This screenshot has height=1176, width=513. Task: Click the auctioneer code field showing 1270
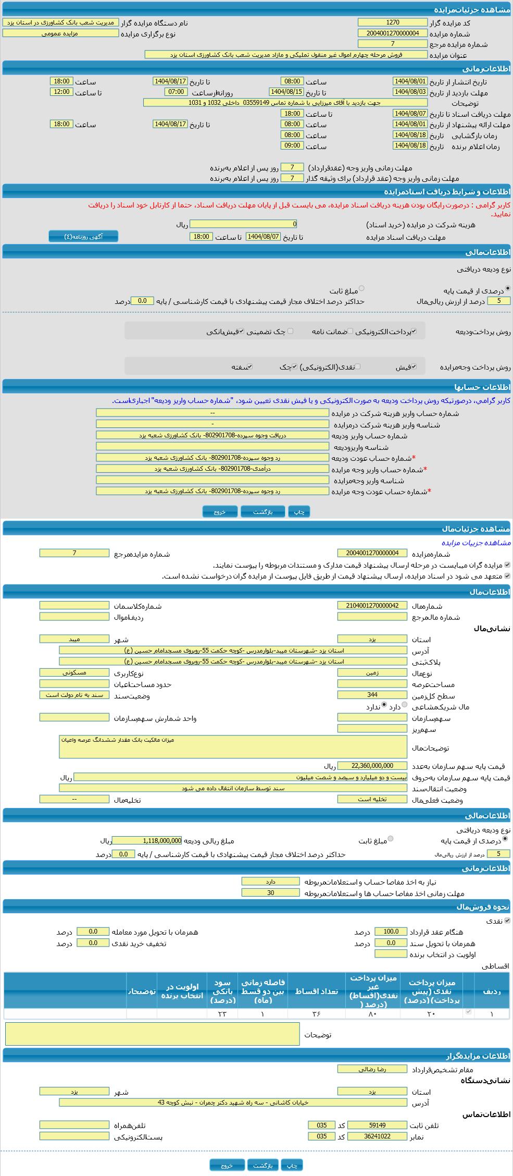coord(392,22)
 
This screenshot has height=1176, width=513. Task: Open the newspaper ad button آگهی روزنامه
coord(83,236)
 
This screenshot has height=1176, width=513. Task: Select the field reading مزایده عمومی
coord(60,33)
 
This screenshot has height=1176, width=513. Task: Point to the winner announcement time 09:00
coord(292,145)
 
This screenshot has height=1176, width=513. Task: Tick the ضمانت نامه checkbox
coord(350,331)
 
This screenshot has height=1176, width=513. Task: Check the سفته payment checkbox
coord(250,366)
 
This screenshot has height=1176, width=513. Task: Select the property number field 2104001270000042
coord(372,605)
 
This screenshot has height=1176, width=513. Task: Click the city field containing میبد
coord(74,639)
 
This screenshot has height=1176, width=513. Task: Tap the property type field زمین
coord(372,672)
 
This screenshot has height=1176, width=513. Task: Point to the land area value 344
coord(372,694)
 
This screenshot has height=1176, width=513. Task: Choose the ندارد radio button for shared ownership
coord(384,705)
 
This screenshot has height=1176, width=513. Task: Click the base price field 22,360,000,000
coord(372,765)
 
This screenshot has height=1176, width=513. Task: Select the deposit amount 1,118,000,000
coord(147,840)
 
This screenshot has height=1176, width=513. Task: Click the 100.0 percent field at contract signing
coord(391,932)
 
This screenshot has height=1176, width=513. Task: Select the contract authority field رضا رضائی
coord(372,1069)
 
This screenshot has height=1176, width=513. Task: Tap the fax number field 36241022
coord(377,1136)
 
